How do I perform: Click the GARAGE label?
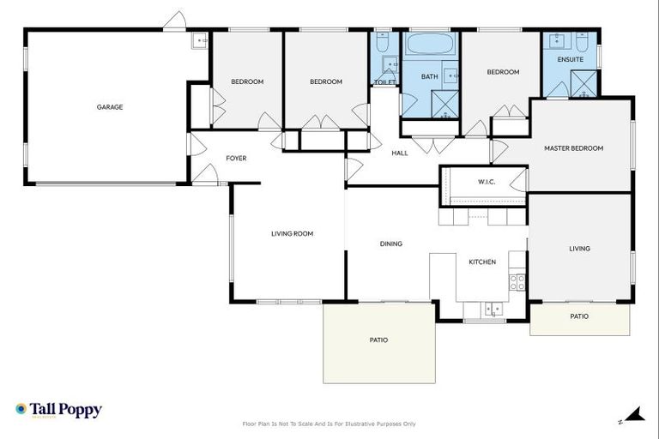[x=109, y=107]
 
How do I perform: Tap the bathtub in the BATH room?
[x=431, y=45]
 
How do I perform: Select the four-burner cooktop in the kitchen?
[x=517, y=281]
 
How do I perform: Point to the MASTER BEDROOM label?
[x=573, y=148]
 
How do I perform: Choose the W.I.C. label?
[x=486, y=181]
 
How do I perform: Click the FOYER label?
[x=236, y=159]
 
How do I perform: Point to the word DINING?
[x=390, y=244]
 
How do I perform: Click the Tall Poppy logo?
[x=58, y=410]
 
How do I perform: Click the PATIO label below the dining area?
[x=378, y=340]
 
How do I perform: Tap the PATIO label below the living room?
[x=579, y=316]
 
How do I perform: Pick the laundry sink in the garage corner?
[x=199, y=40]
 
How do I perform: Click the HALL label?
[x=400, y=153]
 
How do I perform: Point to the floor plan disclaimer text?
[x=329, y=424]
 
